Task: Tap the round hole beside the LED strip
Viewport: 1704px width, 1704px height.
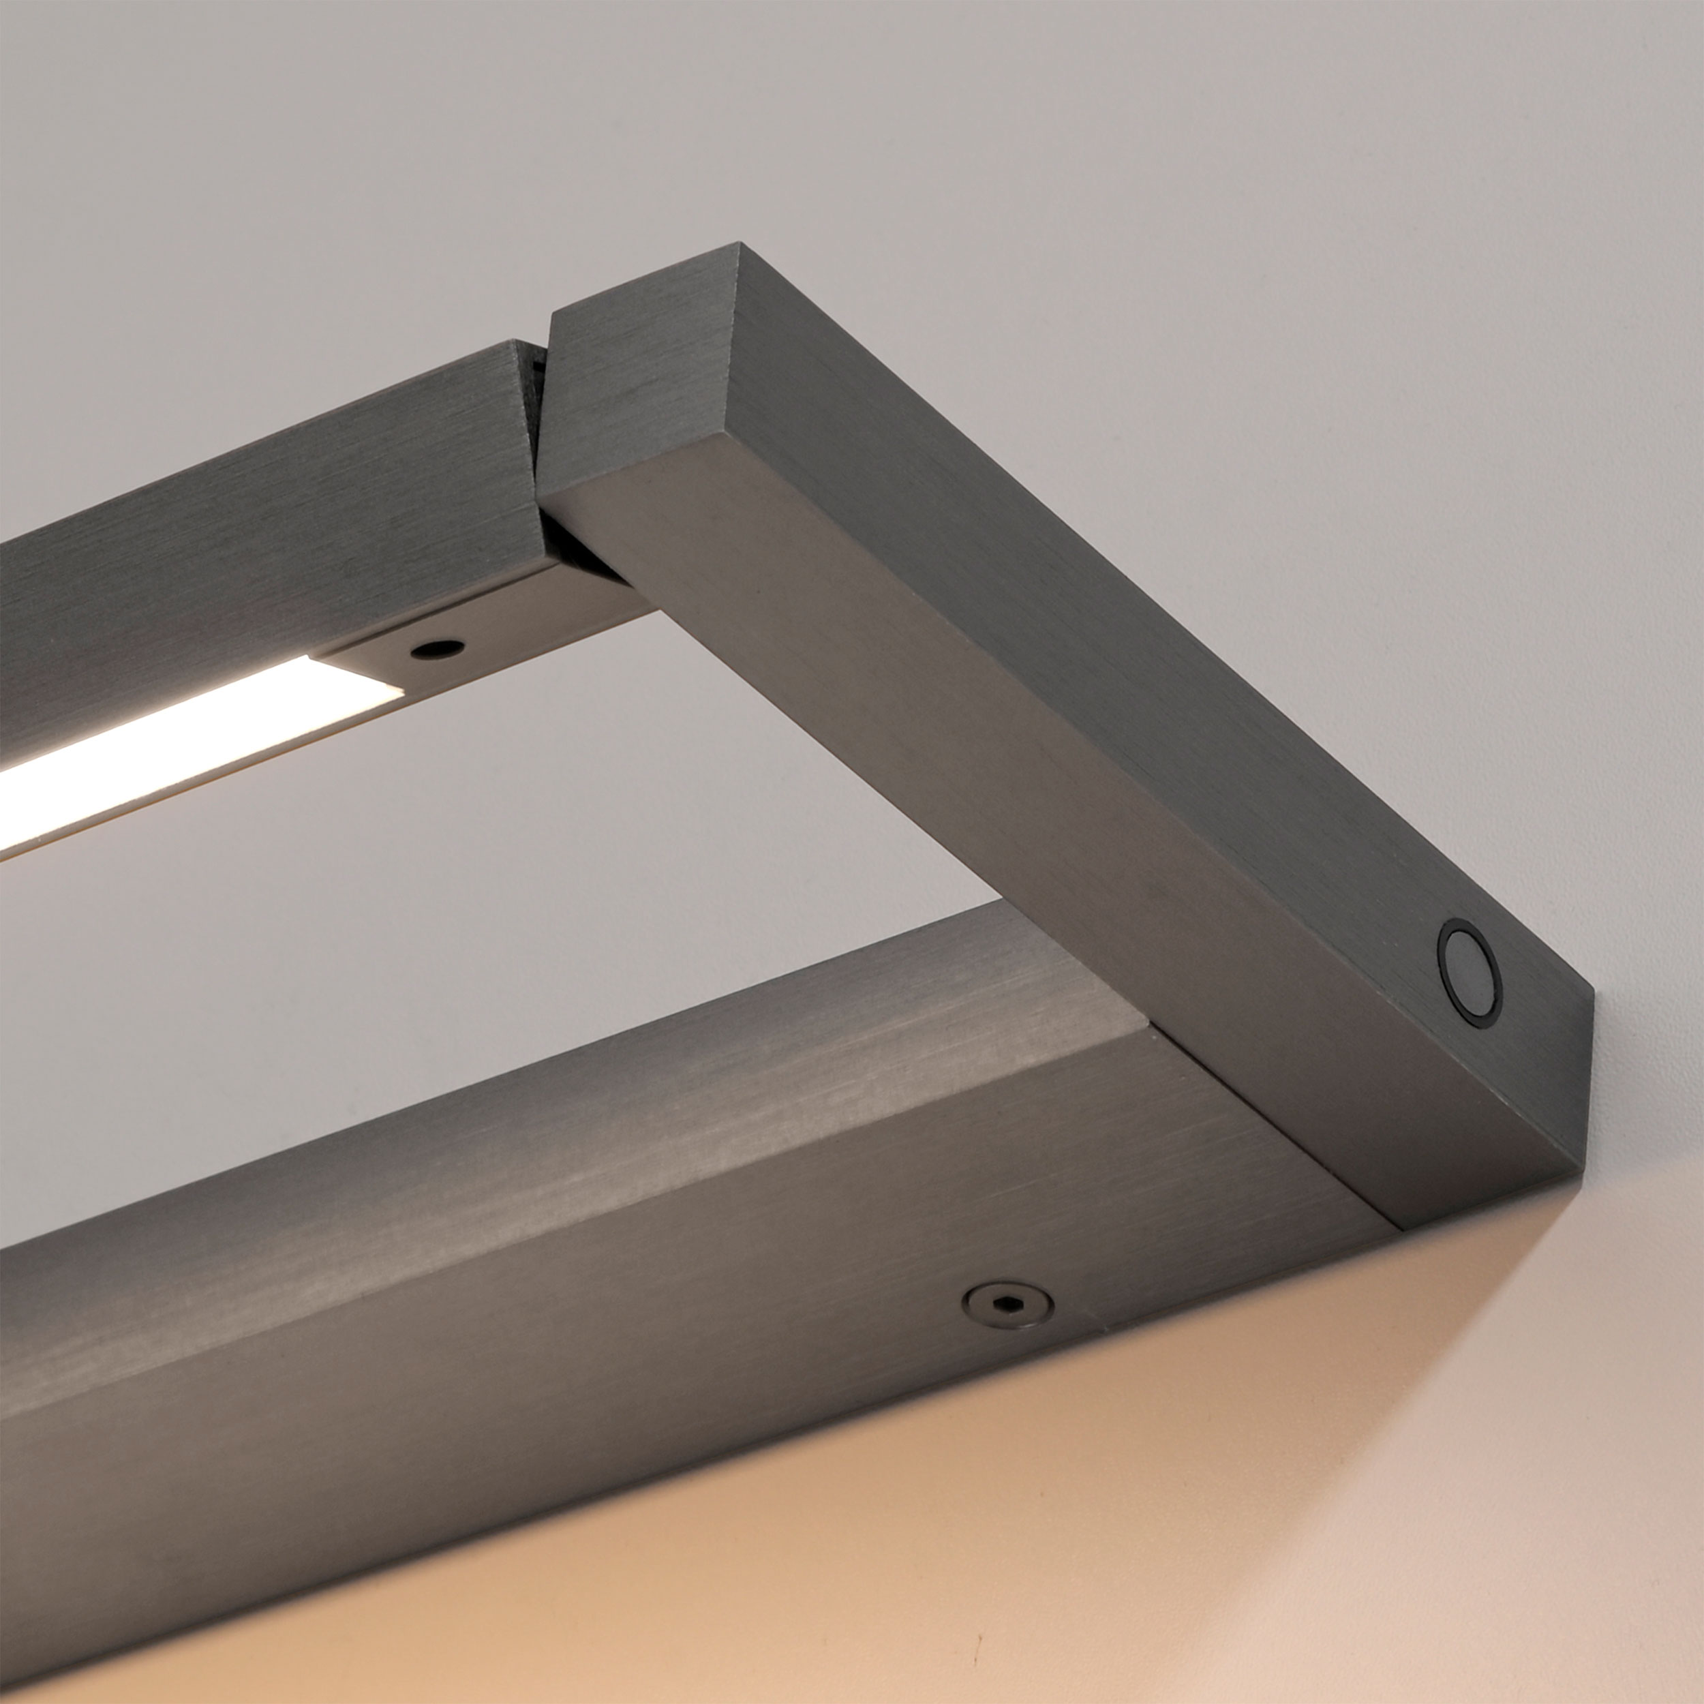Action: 438,649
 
